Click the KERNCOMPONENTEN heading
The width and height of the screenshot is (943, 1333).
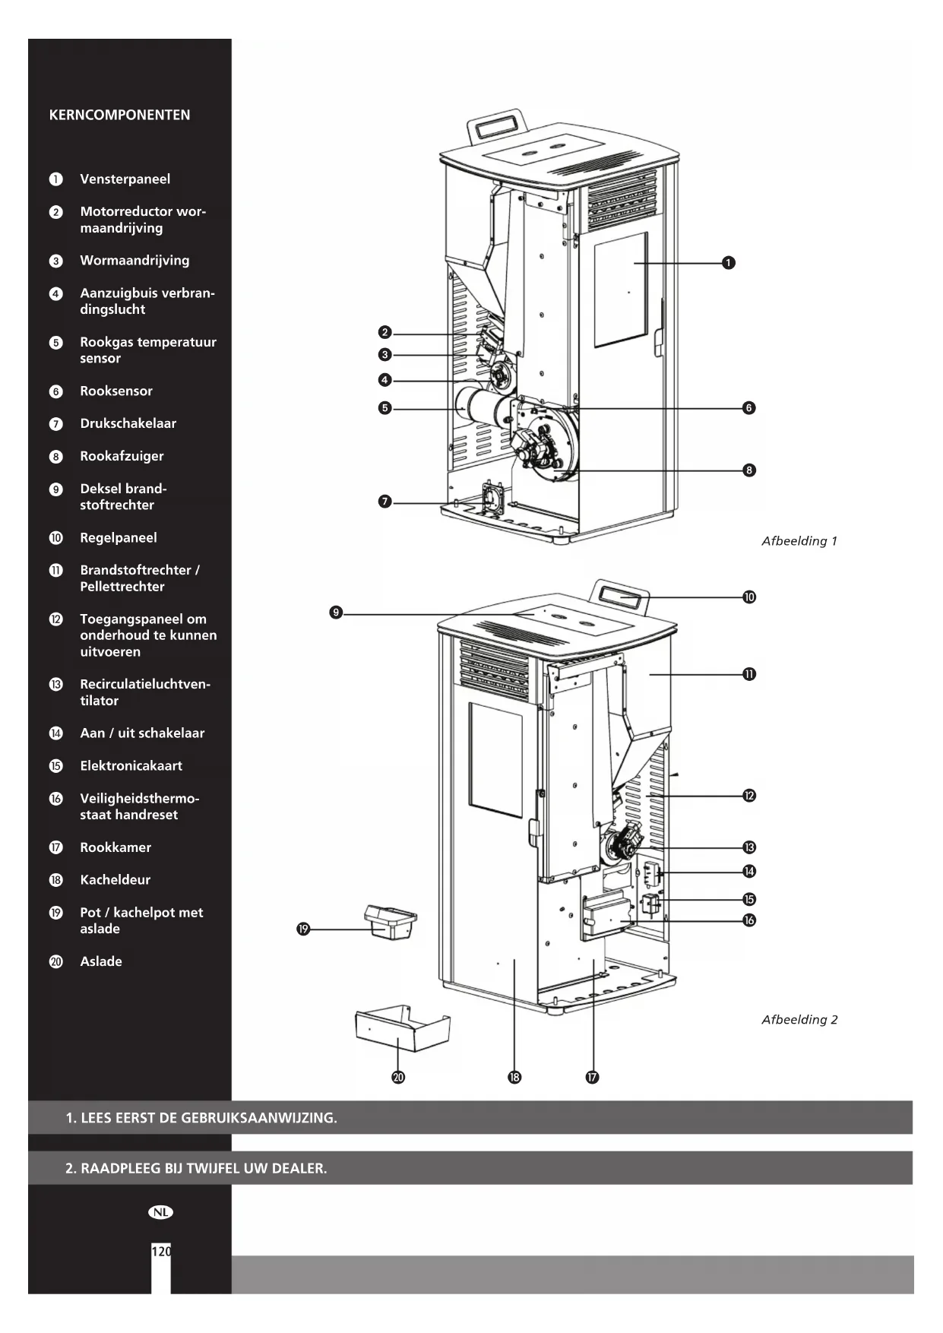119,116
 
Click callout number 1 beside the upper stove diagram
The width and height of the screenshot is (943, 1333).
728,263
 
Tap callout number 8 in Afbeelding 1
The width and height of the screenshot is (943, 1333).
749,470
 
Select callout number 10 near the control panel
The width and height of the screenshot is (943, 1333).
749,597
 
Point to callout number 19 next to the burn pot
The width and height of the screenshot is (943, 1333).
303,929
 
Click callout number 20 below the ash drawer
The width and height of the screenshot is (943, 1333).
398,1077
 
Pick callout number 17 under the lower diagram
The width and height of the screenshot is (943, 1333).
592,1077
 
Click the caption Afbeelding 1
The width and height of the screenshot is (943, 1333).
799,541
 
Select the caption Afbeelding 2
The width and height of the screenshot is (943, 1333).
799,1020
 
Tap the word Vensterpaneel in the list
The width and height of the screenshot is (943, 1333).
125,179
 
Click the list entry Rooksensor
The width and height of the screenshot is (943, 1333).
116,391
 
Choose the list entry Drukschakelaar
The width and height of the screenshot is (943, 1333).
128,424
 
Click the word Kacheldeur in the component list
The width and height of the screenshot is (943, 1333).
115,880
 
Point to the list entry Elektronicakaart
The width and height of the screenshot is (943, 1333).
131,766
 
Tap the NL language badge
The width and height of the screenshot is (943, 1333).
160,1212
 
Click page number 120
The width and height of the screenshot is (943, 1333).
161,1252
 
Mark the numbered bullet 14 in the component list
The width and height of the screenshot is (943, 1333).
56,733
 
